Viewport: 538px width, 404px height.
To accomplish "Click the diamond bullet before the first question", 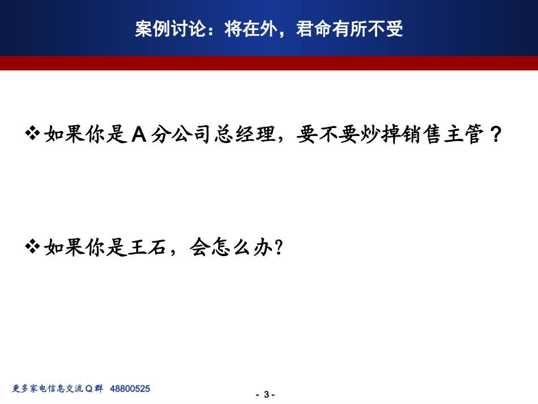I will point(33,134).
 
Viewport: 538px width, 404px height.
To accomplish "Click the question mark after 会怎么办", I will point(277,248).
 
